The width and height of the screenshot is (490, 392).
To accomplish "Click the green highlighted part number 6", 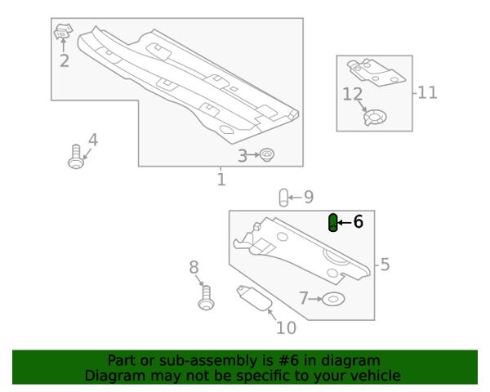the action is point(333,223).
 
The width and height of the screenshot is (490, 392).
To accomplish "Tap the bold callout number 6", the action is point(359,221).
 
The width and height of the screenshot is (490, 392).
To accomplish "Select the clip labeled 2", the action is point(63,31).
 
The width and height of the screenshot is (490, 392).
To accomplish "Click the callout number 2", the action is point(64,60).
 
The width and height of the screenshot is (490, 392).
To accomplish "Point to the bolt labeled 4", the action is point(76,157).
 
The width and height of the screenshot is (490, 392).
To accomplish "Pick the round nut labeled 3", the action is point(267,154).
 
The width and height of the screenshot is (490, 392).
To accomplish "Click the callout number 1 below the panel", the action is point(221,180).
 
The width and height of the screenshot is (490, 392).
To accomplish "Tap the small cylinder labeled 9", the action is point(283,198).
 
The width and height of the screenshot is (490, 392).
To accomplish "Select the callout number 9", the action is point(309,197).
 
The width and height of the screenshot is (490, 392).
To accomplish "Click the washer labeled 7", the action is point(333,299).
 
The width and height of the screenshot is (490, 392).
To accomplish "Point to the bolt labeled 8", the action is point(207,298).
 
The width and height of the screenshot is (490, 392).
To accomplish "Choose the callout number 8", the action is point(194,268).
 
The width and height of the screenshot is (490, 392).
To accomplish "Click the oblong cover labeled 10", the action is point(253,298).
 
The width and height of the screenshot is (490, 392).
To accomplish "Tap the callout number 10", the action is point(287,328).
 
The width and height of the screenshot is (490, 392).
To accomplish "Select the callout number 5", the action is point(385,265).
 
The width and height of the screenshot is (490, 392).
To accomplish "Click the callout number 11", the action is point(427,92).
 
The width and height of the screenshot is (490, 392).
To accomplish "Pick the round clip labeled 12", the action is point(375,118).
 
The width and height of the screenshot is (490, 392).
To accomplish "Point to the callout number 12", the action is point(353,94).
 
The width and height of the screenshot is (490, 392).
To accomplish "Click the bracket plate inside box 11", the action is point(376,72).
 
